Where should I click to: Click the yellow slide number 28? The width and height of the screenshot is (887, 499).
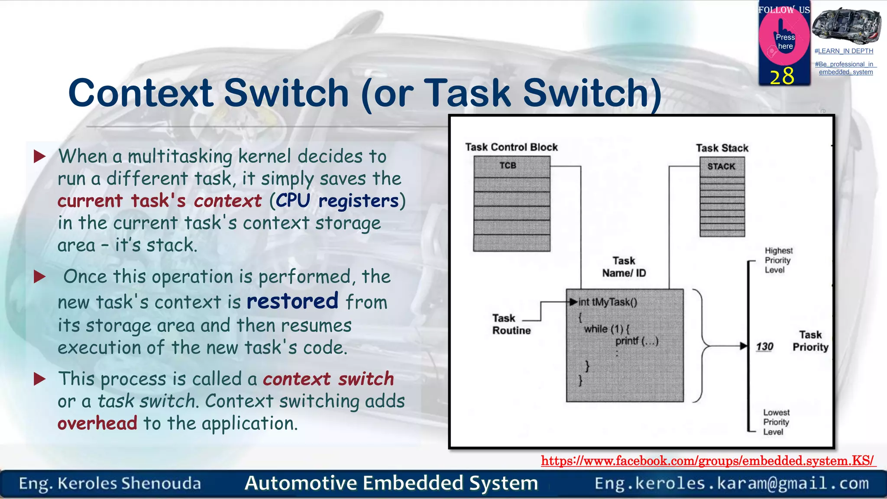(782, 76)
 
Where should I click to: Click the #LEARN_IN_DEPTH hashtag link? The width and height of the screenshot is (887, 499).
(844, 51)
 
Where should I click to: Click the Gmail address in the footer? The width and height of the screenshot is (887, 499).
(732, 483)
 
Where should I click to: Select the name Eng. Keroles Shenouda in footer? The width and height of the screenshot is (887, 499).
(110, 483)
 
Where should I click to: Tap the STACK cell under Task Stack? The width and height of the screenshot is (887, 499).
(722, 167)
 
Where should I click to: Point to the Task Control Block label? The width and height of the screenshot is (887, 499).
(511, 147)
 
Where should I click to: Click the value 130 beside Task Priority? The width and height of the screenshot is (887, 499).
(764, 347)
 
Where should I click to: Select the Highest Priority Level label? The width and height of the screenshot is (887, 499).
(778, 260)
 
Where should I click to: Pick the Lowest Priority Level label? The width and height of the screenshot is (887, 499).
(776, 422)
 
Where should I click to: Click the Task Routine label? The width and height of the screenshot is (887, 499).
(511, 324)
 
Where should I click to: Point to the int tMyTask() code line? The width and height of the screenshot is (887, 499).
(608, 302)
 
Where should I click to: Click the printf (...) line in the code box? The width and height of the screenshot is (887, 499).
(637, 341)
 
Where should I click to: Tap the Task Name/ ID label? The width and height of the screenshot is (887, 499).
(624, 267)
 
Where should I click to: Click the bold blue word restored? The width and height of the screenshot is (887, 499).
(292, 301)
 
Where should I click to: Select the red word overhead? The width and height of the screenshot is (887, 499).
(97, 423)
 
